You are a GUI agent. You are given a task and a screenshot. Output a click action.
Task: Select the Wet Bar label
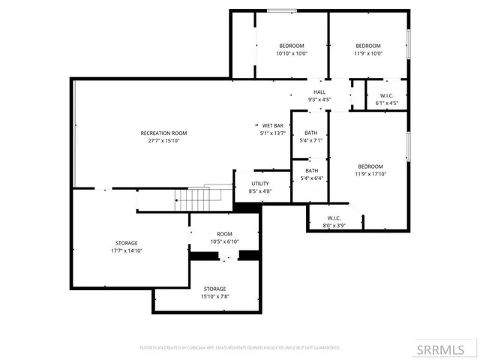272,125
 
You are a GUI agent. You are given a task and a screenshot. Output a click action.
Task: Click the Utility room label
260,183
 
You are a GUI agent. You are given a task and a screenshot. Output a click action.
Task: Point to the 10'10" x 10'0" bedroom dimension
292,53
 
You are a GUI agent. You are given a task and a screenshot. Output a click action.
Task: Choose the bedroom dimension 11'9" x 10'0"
368,53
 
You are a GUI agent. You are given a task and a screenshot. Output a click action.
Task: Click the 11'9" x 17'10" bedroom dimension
370,174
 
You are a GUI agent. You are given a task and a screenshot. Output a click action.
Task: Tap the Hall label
319,91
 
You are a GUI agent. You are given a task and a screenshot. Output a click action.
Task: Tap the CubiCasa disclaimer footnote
240,348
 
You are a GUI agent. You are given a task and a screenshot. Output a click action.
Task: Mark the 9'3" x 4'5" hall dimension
319,100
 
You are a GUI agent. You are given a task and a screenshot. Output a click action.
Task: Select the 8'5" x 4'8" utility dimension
260,191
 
